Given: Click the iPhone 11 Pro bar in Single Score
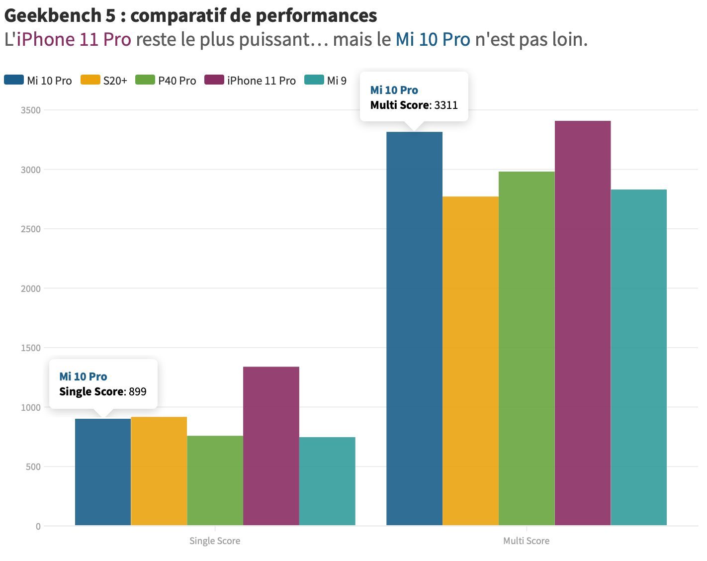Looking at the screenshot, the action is [x=271, y=446].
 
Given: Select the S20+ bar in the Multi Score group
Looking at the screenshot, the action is [x=470, y=361].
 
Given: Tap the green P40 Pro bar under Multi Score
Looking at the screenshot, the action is [x=527, y=348].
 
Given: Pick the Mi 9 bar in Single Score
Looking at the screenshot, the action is [x=327, y=481].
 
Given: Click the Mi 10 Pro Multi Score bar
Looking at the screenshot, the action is [x=414, y=329].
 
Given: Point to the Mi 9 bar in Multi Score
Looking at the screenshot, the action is [x=639, y=357].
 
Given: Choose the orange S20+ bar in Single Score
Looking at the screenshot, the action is [x=159, y=471].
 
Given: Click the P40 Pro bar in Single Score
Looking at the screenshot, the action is [x=215, y=480].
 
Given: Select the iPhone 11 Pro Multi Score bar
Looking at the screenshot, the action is [x=583, y=323].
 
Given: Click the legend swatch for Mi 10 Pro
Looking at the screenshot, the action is [x=14, y=80].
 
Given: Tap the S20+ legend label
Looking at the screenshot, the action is [x=115, y=81].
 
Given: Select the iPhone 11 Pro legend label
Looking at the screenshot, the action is [x=262, y=81].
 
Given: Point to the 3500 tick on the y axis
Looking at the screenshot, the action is [x=30, y=110].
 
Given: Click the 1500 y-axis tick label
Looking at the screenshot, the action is [x=30, y=348].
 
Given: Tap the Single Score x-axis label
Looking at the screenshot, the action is [x=215, y=541].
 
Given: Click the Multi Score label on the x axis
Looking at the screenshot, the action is [x=527, y=541].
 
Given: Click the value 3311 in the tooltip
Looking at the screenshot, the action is [x=446, y=105].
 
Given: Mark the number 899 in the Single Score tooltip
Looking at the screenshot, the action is [x=138, y=392].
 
